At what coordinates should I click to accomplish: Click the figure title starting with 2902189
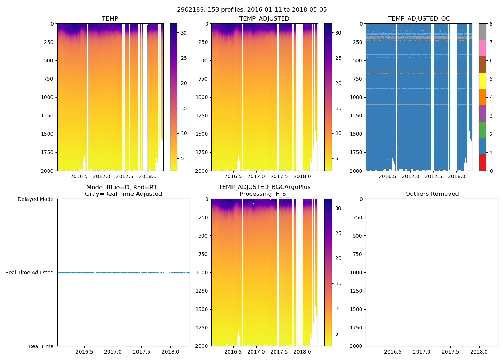point(252,10)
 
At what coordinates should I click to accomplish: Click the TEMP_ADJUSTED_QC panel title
point(419,18)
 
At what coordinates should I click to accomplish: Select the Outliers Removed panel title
point(432,194)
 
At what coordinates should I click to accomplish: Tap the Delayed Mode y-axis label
point(35,199)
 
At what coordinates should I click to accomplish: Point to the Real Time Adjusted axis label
point(29,273)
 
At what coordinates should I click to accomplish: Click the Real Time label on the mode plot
point(41,346)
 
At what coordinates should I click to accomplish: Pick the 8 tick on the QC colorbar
point(491,24)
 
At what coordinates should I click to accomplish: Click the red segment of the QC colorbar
point(482,163)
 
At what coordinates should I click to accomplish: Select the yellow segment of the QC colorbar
point(482,81)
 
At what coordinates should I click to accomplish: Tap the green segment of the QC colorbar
point(482,130)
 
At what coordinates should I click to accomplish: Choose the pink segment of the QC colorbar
point(482,48)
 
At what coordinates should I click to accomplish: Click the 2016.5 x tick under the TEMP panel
point(79,176)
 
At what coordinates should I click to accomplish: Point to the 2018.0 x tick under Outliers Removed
point(479,352)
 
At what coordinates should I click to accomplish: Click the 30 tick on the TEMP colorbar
point(184,33)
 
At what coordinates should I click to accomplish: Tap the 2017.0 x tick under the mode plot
point(113,352)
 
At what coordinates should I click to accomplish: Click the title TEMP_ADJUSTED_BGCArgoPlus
point(264,187)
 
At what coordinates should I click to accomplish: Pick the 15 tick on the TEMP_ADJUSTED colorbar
point(338,108)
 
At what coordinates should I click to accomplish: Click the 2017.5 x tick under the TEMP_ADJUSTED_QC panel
point(433,176)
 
